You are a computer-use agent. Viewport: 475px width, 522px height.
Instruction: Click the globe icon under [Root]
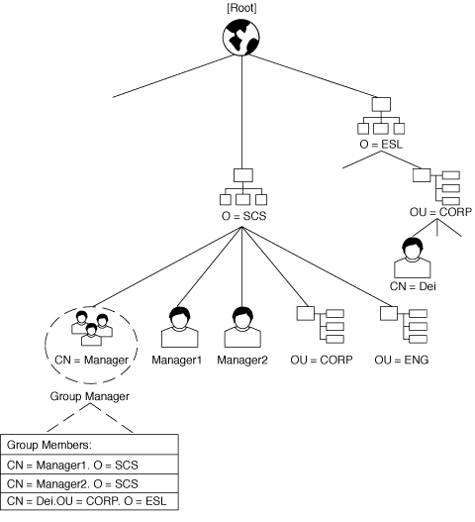(241, 37)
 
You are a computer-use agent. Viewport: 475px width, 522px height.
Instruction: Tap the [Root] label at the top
(241, 8)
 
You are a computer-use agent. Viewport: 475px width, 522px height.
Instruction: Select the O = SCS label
(243, 216)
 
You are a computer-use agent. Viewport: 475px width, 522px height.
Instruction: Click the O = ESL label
(381, 145)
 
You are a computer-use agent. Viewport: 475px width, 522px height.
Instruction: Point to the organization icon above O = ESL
(381, 116)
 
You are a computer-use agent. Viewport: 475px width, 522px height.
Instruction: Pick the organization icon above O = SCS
(243, 187)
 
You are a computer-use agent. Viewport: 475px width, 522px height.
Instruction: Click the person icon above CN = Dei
(413, 258)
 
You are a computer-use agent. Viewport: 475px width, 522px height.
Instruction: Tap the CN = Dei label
(413, 286)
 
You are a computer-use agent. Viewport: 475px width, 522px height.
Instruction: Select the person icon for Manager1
(180, 327)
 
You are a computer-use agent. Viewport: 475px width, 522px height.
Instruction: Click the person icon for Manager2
(242, 327)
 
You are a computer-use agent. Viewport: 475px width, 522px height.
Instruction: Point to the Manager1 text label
(176, 360)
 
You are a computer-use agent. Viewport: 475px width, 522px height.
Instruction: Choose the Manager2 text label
(242, 360)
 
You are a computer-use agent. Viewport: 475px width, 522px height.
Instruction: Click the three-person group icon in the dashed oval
(92, 328)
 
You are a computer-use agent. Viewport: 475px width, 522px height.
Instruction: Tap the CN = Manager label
(91, 360)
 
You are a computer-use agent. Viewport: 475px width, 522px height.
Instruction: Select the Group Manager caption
(89, 396)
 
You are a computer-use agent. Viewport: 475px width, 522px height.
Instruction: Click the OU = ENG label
(402, 360)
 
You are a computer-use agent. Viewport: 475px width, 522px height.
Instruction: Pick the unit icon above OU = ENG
(404, 325)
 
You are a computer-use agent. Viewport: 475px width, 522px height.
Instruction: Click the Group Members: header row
(89, 445)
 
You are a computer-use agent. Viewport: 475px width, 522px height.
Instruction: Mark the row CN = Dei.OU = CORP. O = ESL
(89, 501)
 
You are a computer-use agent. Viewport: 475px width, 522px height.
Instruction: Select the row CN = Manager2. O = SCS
(89, 483)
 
